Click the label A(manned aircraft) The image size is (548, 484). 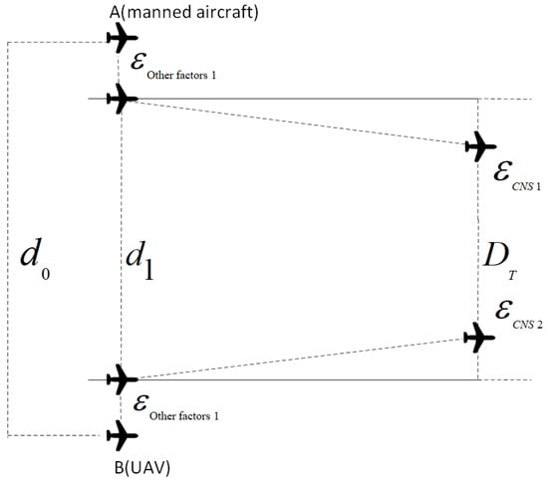(184, 13)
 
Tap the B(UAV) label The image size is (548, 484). (142, 468)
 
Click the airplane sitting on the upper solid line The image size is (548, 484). (122, 99)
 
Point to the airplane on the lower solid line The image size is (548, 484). (122, 379)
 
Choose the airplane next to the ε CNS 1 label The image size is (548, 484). (480, 146)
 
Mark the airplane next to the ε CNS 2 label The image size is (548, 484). (479, 338)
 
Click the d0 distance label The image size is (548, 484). (35, 258)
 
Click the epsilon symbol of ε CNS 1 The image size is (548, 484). (503, 170)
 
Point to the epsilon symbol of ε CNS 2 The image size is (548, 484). (504, 310)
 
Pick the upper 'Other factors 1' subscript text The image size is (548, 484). (181, 75)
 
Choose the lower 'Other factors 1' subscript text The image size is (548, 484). (184, 416)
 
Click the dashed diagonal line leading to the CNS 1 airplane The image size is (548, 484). (301, 122)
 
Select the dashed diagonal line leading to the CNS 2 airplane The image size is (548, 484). (301, 359)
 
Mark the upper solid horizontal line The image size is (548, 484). (283, 99)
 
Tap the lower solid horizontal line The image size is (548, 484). (283, 379)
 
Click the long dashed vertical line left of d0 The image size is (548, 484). (8, 239)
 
